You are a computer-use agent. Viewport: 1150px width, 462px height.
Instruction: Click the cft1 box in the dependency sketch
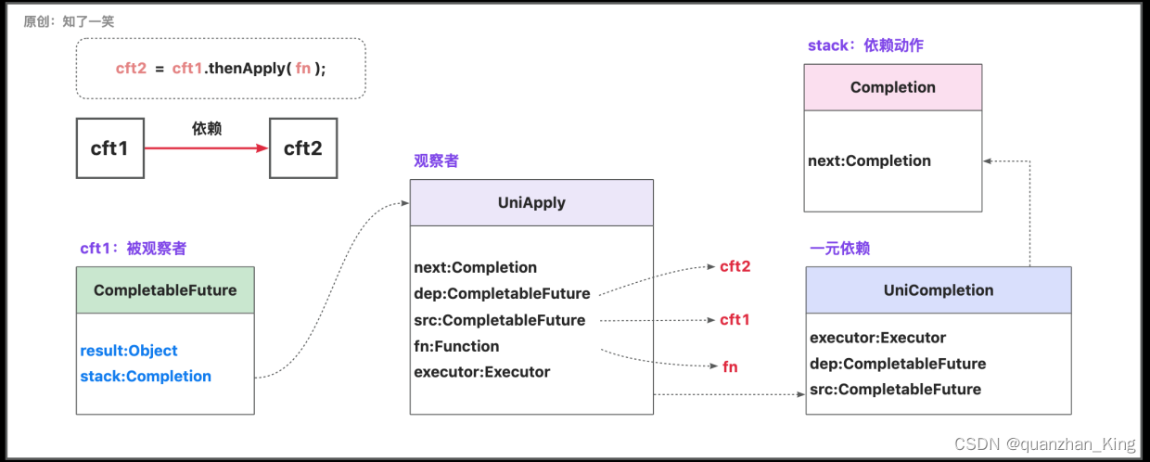[x=109, y=148]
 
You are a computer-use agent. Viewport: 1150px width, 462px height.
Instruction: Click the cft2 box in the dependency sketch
[x=303, y=148]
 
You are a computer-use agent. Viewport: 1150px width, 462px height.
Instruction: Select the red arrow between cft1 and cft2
[x=206, y=148]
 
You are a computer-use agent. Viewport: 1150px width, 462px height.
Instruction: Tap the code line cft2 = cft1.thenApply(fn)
[x=221, y=69]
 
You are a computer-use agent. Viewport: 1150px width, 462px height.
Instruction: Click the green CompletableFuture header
[x=165, y=290]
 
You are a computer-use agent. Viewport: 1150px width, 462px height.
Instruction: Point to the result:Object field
[x=129, y=351]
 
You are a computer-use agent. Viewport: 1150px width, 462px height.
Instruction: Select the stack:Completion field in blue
[x=146, y=377]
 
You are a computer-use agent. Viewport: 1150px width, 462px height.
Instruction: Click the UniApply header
[x=531, y=202]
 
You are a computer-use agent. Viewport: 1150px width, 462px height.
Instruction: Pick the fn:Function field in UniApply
[x=456, y=346]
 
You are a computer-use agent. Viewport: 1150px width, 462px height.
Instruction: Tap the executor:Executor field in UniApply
[x=482, y=372]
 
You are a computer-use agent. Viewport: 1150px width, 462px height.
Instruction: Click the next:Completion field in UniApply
[x=476, y=267]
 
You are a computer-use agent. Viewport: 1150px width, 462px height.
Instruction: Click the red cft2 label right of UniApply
[x=735, y=266]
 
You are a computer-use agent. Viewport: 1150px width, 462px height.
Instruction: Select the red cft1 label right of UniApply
[x=735, y=320]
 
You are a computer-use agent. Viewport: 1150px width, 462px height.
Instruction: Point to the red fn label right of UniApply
[x=730, y=366]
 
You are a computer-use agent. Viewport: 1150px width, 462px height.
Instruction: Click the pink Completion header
[x=892, y=87]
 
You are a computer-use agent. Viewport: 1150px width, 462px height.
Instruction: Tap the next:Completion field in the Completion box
[x=869, y=160]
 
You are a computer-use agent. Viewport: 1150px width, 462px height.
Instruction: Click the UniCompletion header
[x=938, y=290]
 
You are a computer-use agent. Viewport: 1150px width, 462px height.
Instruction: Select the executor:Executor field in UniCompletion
[x=877, y=338]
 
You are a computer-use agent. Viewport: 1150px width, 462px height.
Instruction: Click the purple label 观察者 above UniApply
[x=436, y=160]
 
